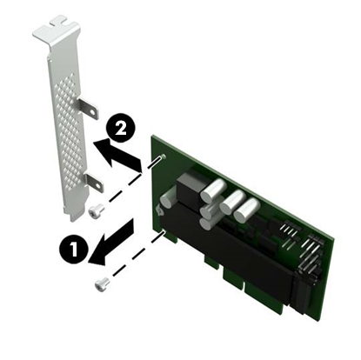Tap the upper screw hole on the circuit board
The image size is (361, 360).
coord(163,158)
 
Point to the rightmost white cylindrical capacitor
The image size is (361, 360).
coord(248,209)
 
